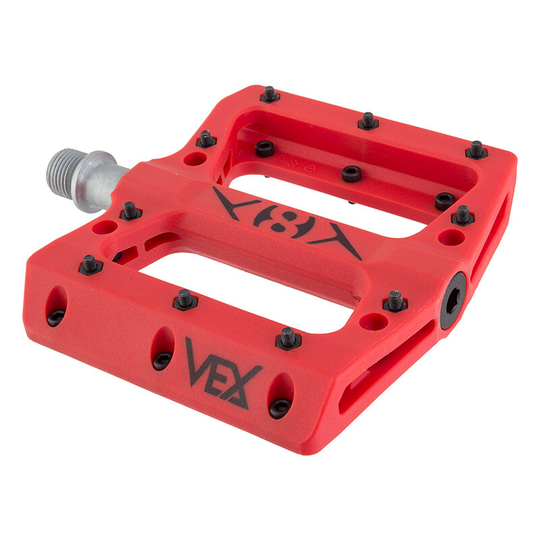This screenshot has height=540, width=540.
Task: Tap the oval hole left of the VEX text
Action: pos(162,348)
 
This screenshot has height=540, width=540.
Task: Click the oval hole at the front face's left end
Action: pos(57,306)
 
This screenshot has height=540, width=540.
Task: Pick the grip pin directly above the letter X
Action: pos(288,337)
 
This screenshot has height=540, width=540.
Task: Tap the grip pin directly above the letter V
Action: pos(185,299)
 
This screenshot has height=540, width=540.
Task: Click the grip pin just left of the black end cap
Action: pos(395,300)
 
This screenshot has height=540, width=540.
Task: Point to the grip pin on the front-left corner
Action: pos(90,265)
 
